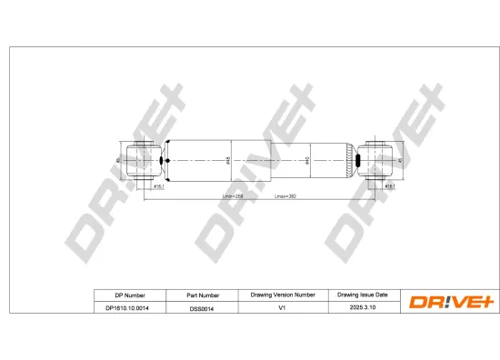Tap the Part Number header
click(203, 295)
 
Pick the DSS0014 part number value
click(203, 309)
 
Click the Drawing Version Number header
click(283, 295)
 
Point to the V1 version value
click(283, 309)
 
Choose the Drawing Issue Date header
click(363, 295)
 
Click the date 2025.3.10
click(363, 309)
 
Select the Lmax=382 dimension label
click(286, 196)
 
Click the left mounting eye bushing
click(145, 161)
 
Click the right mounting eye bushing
click(375, 161)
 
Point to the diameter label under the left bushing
click(157, 186)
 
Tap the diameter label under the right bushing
click(388, 186)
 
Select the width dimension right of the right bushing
click(401, 161)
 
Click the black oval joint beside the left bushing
click(164, 161)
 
